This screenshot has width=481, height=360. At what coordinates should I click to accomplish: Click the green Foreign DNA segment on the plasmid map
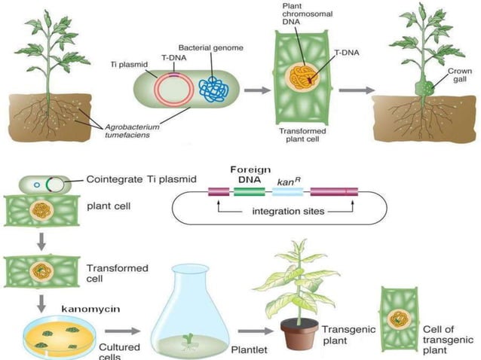[x=249, y=192]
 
